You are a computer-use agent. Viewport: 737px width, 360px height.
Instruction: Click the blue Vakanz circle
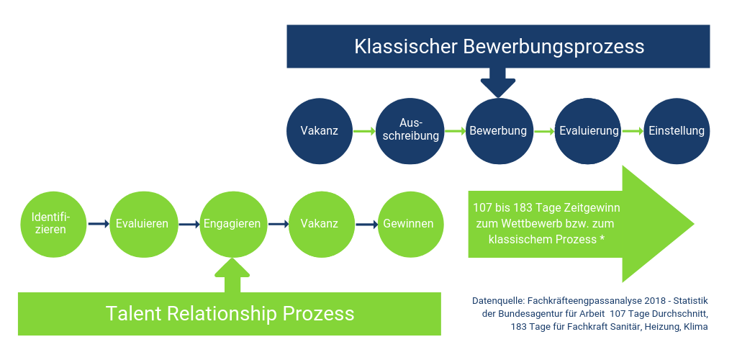point(320,131)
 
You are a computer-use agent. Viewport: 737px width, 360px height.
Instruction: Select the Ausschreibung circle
point(410,131)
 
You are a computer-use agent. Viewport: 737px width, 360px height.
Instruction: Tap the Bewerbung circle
point(498,131)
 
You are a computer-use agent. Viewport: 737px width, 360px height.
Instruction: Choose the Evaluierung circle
point(589,131)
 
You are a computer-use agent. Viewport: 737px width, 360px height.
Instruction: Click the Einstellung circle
point(677,131)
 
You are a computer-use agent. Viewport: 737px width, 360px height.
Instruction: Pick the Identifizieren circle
point(55,223)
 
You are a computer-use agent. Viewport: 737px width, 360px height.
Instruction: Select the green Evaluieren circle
point(143,223)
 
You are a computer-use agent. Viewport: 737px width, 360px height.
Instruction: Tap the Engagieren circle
point(232,223)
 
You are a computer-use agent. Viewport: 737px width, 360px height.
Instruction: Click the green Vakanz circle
point(320,223)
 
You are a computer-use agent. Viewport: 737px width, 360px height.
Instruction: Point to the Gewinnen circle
point(409,223)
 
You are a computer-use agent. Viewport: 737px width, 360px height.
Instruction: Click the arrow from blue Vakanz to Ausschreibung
point(364,132)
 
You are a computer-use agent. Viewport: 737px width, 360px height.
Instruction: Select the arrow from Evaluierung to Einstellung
point(633,132)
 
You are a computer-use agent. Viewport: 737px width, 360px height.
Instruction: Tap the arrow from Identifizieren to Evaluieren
point(99,224)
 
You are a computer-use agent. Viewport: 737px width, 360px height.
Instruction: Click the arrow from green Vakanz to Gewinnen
point(366,224)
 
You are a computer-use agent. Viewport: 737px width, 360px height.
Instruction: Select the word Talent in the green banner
point(132,314)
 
